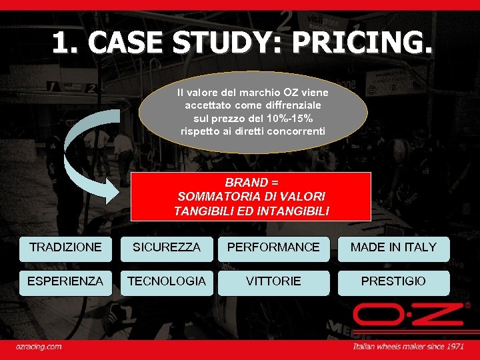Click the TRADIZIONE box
tap(65, 248)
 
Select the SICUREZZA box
tap(167, 248)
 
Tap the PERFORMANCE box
tap(273, 248)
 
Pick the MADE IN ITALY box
tap(393, 248)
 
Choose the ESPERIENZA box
tap(65, 282)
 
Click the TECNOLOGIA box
tap(167, 282)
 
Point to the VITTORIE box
tap(273, 282)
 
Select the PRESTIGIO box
tap(393, 282)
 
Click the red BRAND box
tap(251, 196)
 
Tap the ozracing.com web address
tap(39, 347)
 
